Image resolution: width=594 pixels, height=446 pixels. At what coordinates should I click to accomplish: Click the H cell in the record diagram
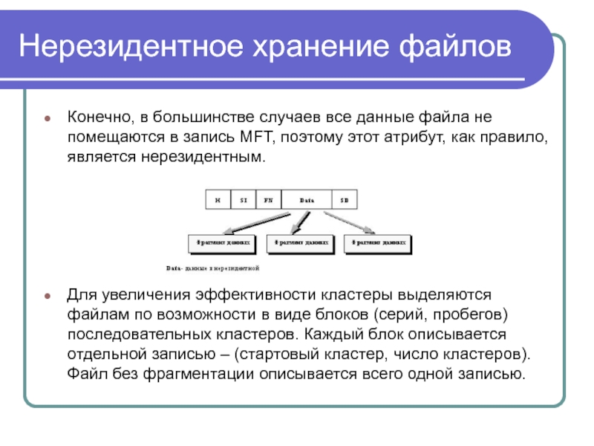(218, 200)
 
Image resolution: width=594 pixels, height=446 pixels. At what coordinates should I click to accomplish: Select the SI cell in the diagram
(244, 200)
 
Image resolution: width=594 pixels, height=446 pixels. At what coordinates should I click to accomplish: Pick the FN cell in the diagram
(269, 200)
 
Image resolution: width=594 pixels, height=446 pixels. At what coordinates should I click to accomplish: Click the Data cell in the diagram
(307, 200)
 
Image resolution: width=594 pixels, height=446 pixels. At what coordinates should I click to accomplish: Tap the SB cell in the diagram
(345, 200)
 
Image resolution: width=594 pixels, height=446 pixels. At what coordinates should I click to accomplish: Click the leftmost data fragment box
(222, 243)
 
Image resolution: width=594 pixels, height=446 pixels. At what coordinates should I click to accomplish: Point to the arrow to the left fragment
(252, 222)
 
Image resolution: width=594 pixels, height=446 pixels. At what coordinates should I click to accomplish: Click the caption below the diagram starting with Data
(212, 266)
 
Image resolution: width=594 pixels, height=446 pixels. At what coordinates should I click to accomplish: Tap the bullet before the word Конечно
(48, 119)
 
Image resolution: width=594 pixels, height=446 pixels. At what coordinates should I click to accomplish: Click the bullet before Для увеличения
(48, 295)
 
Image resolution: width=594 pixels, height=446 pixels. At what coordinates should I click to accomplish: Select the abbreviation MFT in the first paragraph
(259, 138)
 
